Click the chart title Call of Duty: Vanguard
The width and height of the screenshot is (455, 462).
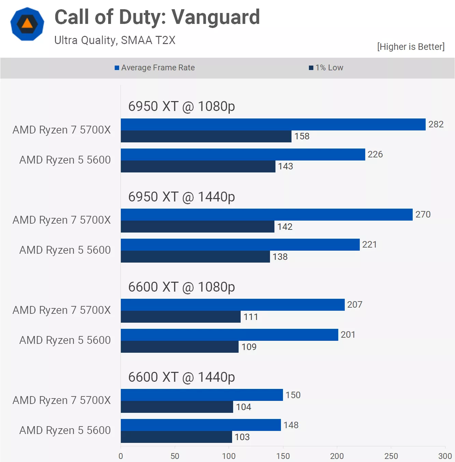[x=157, y=17]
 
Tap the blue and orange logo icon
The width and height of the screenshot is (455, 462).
[x=27, y=24]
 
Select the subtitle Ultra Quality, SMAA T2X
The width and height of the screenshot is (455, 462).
[x=115, y=40]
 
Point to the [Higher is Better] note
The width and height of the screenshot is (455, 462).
[x=411, y=47]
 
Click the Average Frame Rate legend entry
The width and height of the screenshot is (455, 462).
[x=155, y=68]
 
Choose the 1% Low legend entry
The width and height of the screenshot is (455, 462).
[x=326, y=68]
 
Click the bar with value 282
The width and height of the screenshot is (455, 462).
[x=273, y=125]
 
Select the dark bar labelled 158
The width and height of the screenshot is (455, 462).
[x=206, y=137]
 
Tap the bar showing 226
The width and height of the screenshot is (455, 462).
[x=243, y=155]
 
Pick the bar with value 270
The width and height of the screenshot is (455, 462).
[x=267, y=215]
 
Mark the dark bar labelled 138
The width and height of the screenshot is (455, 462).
[x=195, y=257]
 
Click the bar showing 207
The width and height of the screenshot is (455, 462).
[x=233, y=305]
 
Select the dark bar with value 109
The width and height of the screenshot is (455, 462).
[x=180, y=347]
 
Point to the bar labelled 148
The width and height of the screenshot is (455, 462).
[x=201, y=425]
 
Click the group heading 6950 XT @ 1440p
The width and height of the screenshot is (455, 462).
[x=182, y=197]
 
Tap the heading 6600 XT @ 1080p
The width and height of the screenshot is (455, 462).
[x=182, y=287]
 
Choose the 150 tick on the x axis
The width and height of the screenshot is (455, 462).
[x=283, y=456]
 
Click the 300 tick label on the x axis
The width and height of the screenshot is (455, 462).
[x=445, y=456]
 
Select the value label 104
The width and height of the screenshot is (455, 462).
[x=243, y=407]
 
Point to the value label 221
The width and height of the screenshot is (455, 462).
[x=369, y=244]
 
